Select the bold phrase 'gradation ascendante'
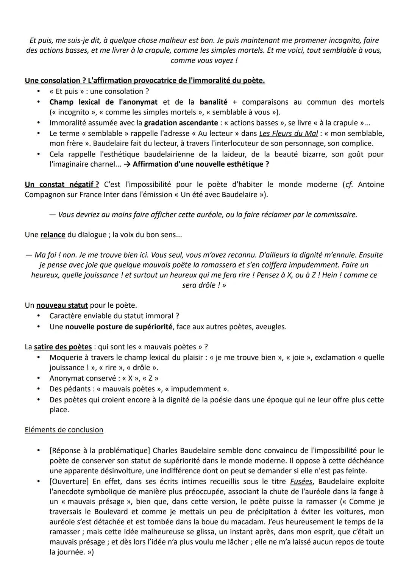[x=181, y=123]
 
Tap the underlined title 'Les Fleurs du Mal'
[x=289, y=133]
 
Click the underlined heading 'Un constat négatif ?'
[x=62, y=185]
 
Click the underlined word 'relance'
[x=53, y=235]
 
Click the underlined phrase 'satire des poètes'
[x=63, y=347]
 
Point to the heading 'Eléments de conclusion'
[x=64, y=430]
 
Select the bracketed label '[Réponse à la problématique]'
[x=100, y=451]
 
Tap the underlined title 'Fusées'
[x=301, y=482]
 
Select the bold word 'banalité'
[x=214, y=102]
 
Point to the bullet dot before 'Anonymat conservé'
[x=38, y=378]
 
